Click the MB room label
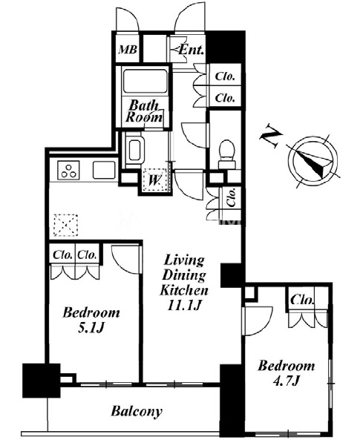(128, 50)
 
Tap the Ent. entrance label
(191, 50)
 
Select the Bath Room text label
(144, 111)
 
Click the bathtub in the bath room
(145, 81)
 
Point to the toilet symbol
(226, 154)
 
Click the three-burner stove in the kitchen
(68, 170)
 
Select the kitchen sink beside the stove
(104, 170)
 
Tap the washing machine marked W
(154, 180)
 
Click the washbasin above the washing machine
(135, 150)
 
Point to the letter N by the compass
(271, 138)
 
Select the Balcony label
(137, 411)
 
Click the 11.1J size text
(184, 305)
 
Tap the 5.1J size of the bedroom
(91, 328)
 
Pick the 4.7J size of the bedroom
(287, 381)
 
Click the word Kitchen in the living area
(184, 290)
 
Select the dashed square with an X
(66, 225)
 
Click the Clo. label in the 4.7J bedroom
(302, 300)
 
